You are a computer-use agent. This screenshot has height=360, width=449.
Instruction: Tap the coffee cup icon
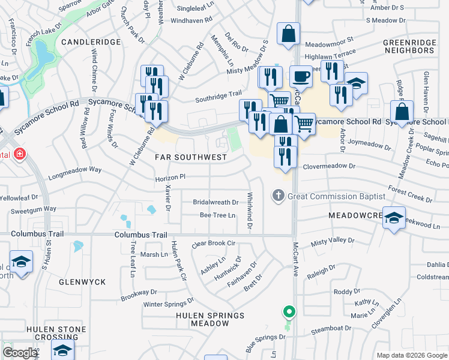click(301, 77)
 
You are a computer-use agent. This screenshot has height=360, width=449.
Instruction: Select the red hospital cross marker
click(20, 154)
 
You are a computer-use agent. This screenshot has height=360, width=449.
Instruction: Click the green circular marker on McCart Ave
click(289, 312)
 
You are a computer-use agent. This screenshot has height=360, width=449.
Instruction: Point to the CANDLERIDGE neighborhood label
click(91, 42)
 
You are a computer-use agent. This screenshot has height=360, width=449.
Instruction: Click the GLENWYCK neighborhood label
click(82, 281)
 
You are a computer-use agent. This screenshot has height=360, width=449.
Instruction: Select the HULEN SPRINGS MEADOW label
click(202, 319)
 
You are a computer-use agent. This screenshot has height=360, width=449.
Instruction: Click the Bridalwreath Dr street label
click(215, 202)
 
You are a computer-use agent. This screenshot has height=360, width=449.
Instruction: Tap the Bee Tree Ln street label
click(217, 215)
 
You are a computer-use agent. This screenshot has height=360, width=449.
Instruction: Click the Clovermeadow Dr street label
click(329, 166)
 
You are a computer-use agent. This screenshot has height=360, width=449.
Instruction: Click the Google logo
click(20, 353)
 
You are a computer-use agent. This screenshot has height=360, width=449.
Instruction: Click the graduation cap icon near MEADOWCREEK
click(394, 217)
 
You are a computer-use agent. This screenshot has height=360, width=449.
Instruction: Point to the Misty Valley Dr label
click(333, 240)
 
